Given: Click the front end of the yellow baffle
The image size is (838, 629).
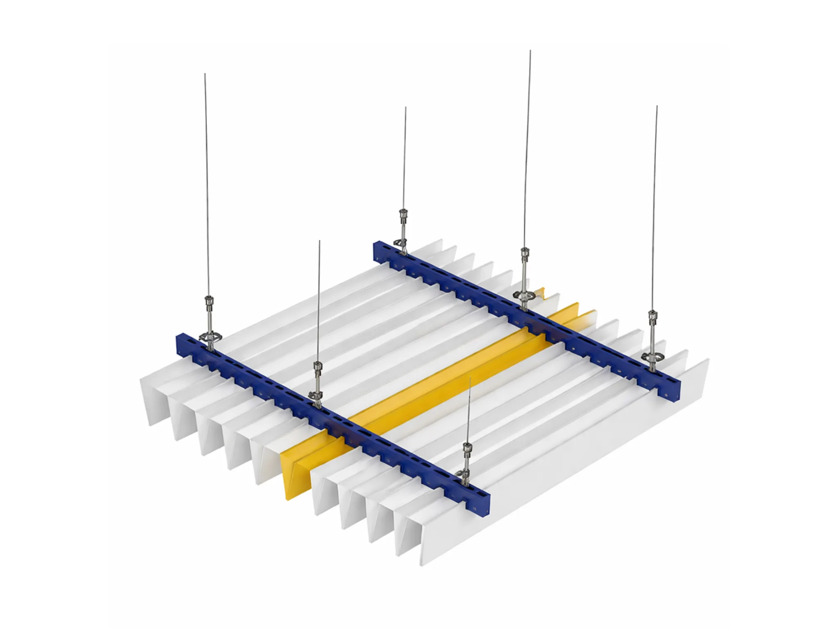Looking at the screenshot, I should point(295,475).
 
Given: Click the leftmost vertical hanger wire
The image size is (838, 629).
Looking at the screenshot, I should point(207,184).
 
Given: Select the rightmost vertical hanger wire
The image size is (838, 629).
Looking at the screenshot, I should point(655,205).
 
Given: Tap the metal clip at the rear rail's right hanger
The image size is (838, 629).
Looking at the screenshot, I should point(651,356).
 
